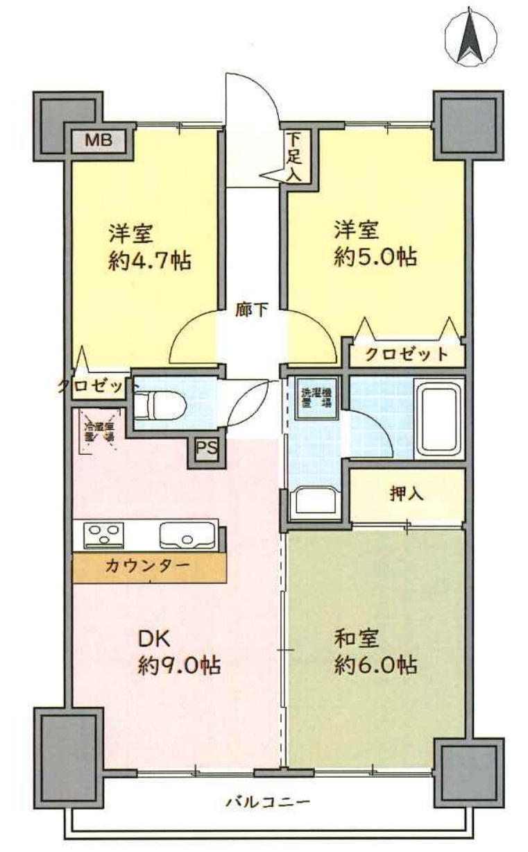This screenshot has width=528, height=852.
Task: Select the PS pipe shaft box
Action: click(x=205, y=448)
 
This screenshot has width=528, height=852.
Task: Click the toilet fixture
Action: click(x=158, y=404)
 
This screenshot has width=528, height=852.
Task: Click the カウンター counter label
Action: click(x=148, y=565)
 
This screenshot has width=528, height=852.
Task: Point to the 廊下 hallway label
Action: click(x=252, y=310)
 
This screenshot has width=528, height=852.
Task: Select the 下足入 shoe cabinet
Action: click(x=293, y=156)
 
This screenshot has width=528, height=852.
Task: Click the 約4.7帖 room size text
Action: click(x=150, y=261)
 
